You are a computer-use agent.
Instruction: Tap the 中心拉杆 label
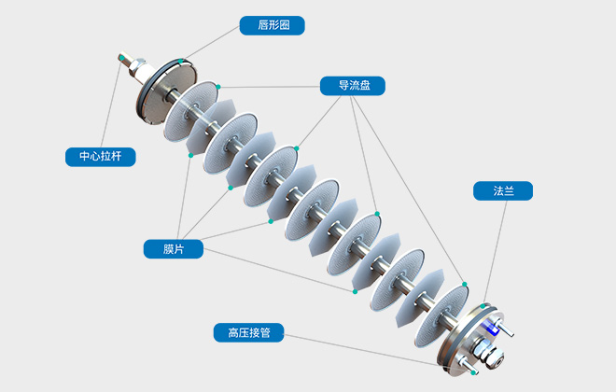tap(100, 157)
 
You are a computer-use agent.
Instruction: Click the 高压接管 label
tap(242, 332)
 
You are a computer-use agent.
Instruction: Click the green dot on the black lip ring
tap(181, 61)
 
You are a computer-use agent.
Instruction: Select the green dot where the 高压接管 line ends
tap(474, 372)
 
